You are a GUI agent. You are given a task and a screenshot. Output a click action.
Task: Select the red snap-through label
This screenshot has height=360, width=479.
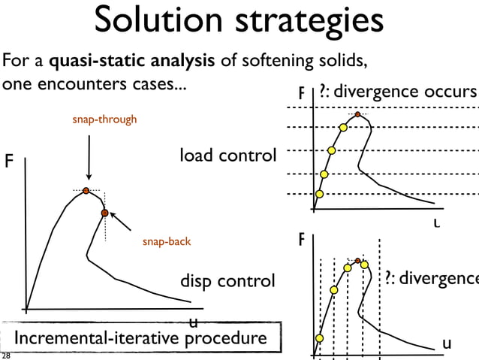[104, 119]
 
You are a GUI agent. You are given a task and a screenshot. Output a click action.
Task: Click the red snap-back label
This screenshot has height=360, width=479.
[167, 242]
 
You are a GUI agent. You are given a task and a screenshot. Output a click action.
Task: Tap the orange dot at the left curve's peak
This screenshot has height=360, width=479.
[86, 191]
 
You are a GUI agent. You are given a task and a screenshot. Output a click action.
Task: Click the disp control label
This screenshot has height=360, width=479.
[227, 281]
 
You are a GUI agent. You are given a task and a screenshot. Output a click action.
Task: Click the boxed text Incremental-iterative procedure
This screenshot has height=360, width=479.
[141, 339]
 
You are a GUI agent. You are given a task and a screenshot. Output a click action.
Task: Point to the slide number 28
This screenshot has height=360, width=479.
[6, 355]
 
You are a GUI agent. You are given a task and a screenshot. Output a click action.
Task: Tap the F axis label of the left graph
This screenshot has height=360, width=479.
[10, 162]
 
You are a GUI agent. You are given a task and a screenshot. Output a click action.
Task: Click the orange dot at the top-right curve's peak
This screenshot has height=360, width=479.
[358, 115]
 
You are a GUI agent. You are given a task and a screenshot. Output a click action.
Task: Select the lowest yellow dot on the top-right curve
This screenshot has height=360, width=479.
[319, 194]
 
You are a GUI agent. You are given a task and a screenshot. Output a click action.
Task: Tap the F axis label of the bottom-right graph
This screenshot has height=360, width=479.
[302, 241]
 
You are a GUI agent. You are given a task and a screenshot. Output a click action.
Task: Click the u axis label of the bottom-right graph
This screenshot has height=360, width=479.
[447, 343]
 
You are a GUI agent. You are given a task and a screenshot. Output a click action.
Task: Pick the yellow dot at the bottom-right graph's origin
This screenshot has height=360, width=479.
[318, 339]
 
